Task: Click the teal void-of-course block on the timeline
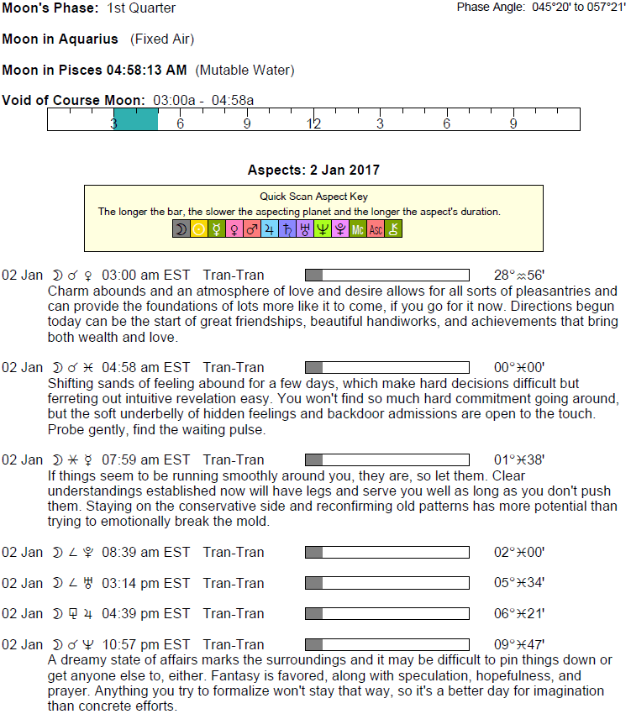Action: (135, 119)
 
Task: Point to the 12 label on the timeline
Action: (313, 124)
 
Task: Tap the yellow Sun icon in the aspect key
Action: (199, 228)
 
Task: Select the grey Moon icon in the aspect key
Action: (181, 228)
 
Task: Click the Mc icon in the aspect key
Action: (358, 228)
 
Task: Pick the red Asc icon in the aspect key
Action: (376, 228)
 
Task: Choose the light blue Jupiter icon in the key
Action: (270, 228)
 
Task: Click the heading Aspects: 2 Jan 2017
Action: (313, 171)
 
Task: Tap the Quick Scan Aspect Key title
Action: (313, 197)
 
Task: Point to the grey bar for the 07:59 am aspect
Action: (313, 459)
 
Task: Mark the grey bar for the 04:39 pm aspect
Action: (313, 613)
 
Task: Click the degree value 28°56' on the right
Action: (519, 275)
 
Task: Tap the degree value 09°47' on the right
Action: (519, 644)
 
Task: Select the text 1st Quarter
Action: (142, 8)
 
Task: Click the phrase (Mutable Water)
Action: (245, 71)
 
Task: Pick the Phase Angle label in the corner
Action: (489, 8)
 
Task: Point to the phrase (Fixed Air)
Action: (162, 39)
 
